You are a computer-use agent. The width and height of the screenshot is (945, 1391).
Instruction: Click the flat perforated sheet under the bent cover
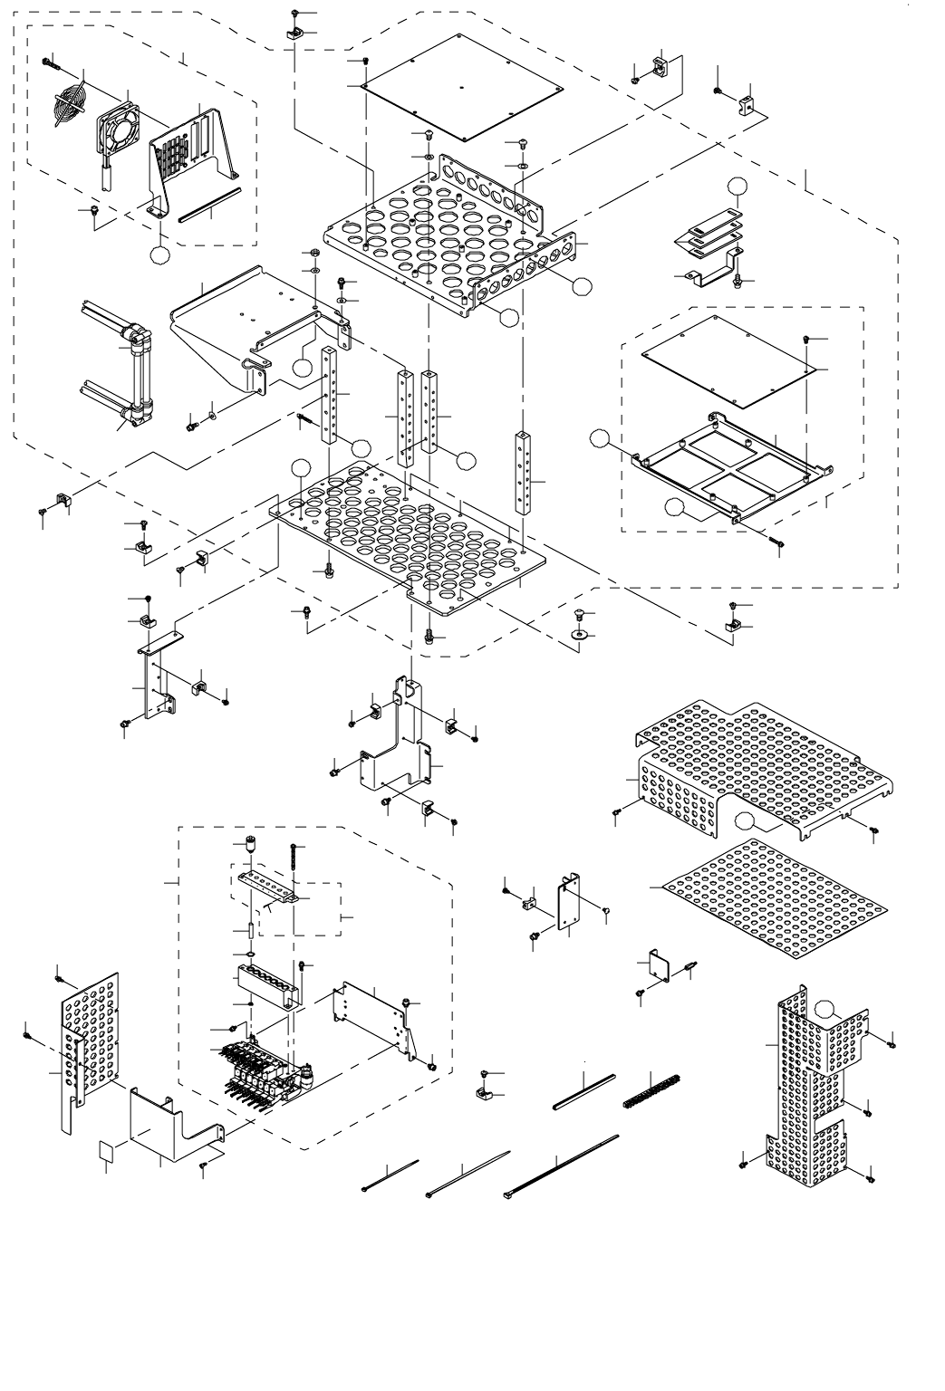point(770,897)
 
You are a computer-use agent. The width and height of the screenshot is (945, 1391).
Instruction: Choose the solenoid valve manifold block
point(263,1069)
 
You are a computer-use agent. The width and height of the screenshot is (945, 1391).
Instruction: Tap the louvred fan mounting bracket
point(190,154)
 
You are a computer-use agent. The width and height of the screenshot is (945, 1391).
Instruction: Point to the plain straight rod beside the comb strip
point(584,1091)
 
